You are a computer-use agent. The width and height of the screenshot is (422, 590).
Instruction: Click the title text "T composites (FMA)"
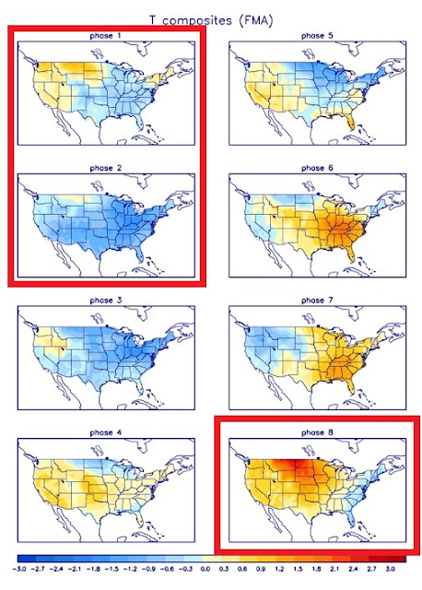pos(211,20)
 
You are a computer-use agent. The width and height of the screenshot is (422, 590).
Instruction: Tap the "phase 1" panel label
pos(106,36)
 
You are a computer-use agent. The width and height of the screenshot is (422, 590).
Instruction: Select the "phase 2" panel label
pos(106,168)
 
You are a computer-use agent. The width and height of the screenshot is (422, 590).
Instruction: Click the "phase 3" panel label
pos(106,301)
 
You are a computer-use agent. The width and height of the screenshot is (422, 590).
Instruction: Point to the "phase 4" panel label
pos(106,432)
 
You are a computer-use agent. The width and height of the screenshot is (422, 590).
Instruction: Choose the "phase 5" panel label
pos(317,36)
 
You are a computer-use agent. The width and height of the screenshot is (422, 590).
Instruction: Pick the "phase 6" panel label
pos(317,168)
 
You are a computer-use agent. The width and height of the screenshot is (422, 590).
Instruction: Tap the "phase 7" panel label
pos(317,301)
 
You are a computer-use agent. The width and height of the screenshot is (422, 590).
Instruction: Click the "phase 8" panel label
pos(317,432)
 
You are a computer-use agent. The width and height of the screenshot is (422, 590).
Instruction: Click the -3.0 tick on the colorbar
pos(18,569)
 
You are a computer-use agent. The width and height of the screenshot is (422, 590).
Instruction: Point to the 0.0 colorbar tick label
pos(205,569)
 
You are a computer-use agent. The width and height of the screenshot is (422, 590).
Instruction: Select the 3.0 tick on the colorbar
pos(390,569)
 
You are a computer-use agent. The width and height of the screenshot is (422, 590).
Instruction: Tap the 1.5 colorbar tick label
pos(298,569)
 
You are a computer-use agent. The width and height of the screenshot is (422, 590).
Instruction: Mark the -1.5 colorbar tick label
pos(111,569)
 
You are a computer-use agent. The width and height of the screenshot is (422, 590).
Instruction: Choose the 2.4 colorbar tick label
pos(353,569)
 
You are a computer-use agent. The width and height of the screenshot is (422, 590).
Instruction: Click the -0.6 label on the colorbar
pos(167,569)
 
